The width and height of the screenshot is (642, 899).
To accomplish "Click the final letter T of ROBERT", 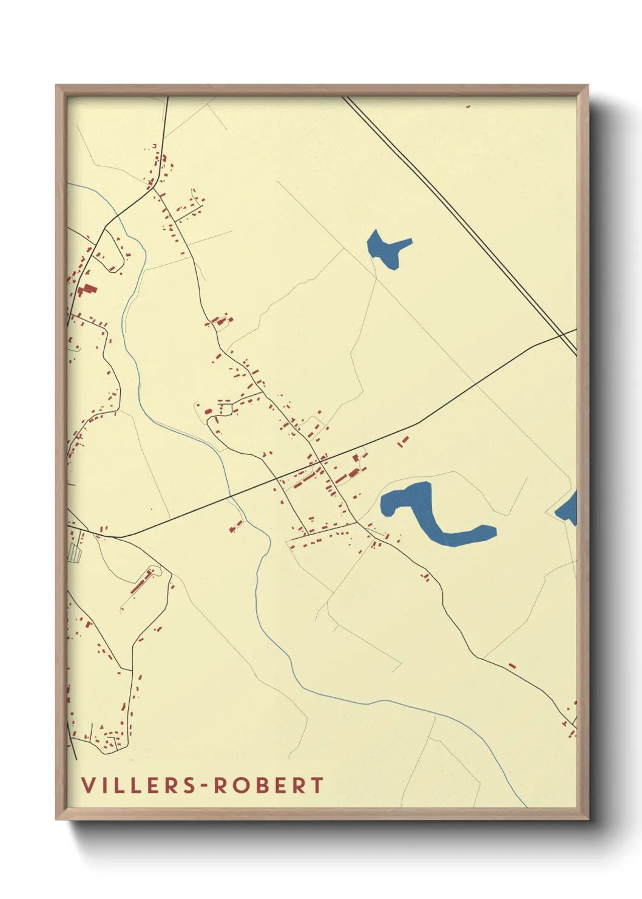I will tap(317, 785).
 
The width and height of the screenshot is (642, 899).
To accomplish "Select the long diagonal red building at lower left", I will tap(141, 582).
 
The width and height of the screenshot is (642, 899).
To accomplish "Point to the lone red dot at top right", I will tap(468, 107).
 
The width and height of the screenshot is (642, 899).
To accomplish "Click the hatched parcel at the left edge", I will tap(75, 552).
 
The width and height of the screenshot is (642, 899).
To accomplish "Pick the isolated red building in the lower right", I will tap(512, 666).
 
